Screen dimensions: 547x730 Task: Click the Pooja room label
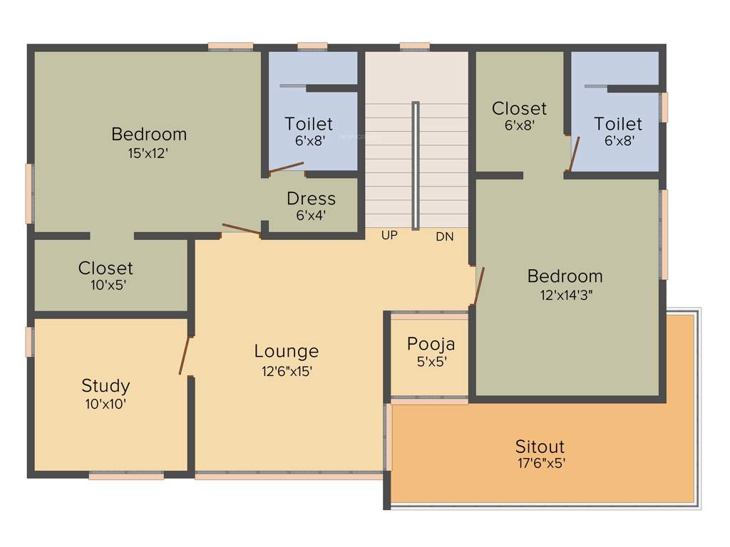(431, 344)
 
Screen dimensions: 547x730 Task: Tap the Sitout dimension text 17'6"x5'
(540, 463)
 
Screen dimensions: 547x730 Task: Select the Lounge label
(287, 351)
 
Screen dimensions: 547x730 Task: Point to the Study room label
(106, 386)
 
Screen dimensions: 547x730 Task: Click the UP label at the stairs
(389, 235)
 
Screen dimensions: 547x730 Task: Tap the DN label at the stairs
(444, 236)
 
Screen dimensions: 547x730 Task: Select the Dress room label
(311, 198)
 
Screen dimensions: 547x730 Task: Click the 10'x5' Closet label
(106, 268)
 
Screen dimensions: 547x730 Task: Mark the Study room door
(185, 355)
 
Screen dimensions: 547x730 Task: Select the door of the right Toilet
(574, 155)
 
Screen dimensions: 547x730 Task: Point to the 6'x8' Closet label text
(519, 108)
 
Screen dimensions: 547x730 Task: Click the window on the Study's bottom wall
(126, 476)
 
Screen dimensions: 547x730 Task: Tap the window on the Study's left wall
(29, 341)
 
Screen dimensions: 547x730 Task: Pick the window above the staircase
(414, 47)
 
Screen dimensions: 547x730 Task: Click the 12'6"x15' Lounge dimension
(287, 370)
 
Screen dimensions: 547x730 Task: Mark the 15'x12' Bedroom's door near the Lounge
(241, 229)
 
